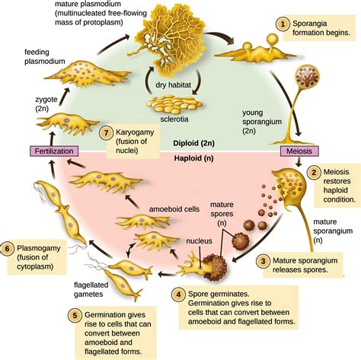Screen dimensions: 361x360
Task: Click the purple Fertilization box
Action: [x=54, y=151]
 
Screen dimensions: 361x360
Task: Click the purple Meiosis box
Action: [x=299, y=151]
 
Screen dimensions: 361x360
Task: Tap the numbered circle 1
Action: [x=283, y=24]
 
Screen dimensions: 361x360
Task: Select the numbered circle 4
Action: [x=179, y=295]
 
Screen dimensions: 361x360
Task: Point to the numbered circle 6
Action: [x=7, y=248]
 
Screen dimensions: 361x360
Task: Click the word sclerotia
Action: [x=174, y=119]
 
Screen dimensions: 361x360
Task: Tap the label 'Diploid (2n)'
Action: [x=193, y=143]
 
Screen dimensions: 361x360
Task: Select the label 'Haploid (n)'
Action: [x=193, y=158]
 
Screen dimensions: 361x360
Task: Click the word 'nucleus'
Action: [x=199, y=241]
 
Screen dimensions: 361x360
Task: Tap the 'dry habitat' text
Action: [x=173, y=84]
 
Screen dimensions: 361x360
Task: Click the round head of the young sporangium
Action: [x=306, y=76]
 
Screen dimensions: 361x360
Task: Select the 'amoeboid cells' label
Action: [x=174, y=209]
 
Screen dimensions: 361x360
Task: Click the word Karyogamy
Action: [x=135, y=132]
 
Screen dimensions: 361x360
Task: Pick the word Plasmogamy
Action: [x=39, y=248]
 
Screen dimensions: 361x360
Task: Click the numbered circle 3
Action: [x=263, y=261]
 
